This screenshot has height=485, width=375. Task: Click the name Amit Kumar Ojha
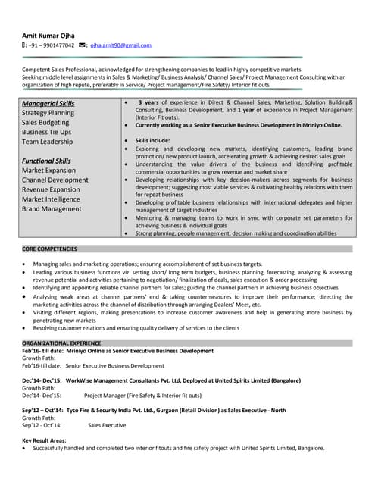pyautogui.click(x=47, y=34)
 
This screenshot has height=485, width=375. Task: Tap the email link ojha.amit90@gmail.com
pyautogui.click(x=120, y=45)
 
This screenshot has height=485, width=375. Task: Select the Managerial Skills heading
pyautogui.click(x=48, y=103)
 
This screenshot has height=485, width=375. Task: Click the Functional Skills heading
pyautogui.click(x=47, y=161)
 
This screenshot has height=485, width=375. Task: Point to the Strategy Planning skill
pyautogui.click(x=48, y=113)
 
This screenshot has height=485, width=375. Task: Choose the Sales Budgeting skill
pyautogui.click(x=45, y=122)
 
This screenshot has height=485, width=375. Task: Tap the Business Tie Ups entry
pyautogui.click(x=47, y=132)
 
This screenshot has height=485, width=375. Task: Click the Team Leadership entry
pyautogui.click(x=48, y=142)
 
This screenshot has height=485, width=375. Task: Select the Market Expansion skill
pyautogui.click(x=49, y=171)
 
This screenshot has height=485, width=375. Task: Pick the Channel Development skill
pyautogui.click(x=55, y=180)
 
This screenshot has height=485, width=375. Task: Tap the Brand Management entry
pyautogui.click(x=52, y=209)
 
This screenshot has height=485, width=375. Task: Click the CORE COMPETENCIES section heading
pyautogui.click(x=50, y=249)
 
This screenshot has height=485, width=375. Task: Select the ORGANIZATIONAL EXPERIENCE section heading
pyautogui.click(x=62, y=343)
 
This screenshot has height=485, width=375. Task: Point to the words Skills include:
pyautogui.click(x=153, y=141)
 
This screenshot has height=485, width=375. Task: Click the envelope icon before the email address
pyautogui.click(x=82, y=45)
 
